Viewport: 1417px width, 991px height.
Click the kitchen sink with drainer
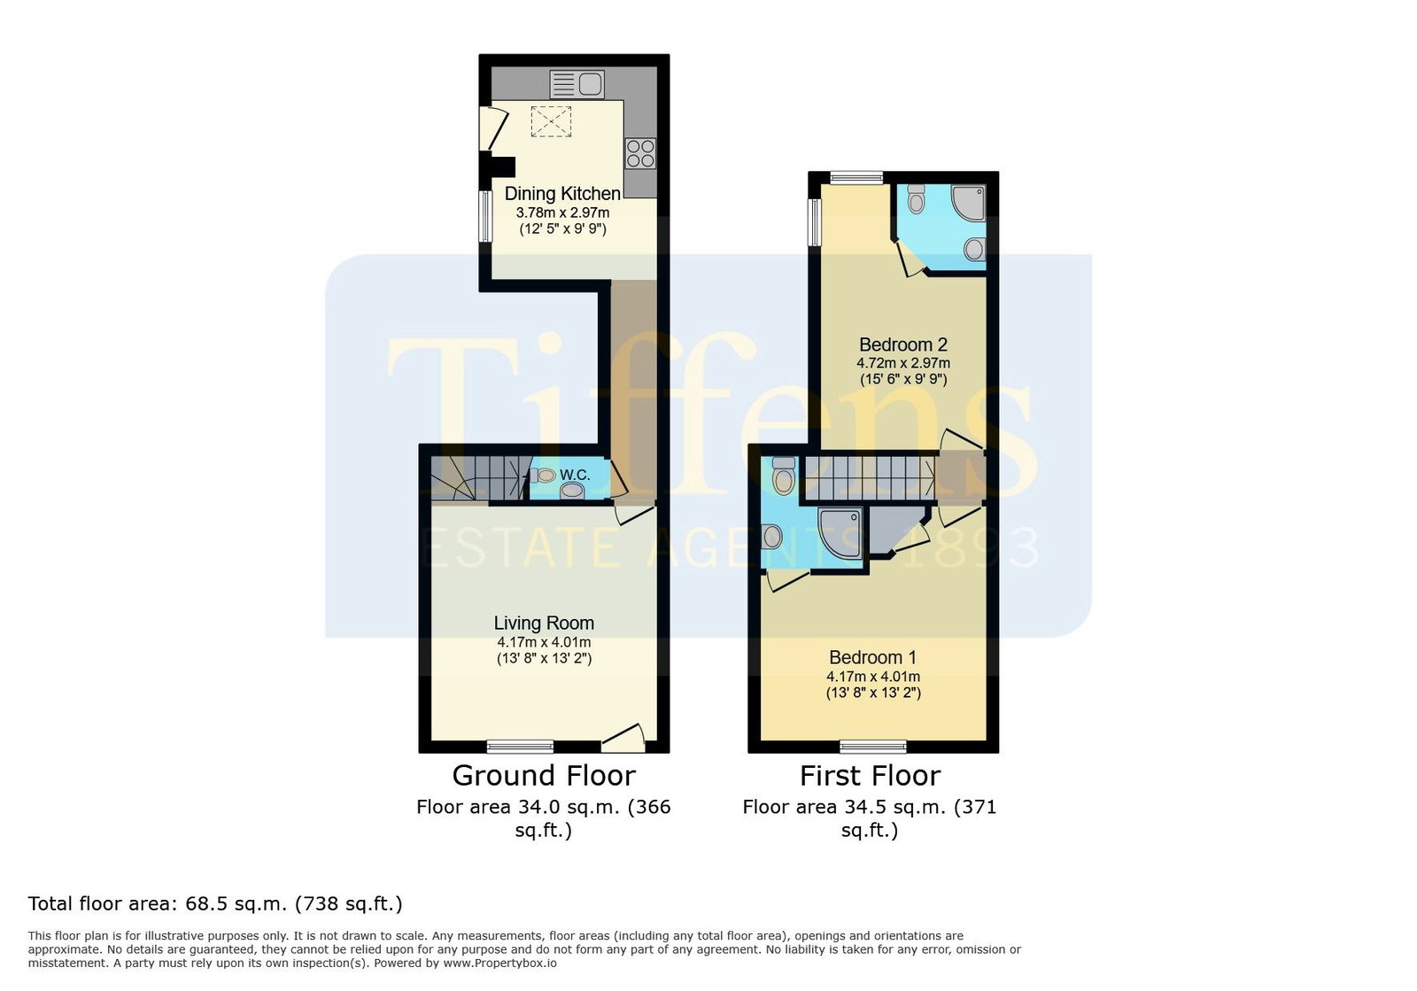(x=577, y=84)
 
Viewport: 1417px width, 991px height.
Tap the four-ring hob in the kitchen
(x=640, y=154)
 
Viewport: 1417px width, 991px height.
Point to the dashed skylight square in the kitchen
(x=551, y=121)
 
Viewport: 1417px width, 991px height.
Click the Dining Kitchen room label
(x=562, y=194)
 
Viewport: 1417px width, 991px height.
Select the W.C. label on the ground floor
(x=575, y=475)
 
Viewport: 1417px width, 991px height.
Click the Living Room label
(x=544, y=623)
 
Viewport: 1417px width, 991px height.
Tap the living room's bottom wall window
(x=520, y=747)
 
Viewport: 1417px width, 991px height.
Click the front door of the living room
(x=623, y=739)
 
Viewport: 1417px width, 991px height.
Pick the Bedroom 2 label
(x=903, y=345)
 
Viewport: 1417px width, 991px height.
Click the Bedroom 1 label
(x=873, y=657)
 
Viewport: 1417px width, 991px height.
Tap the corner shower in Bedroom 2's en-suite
(x=969, y=203)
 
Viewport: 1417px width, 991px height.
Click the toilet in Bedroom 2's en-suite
(x=916, y=198)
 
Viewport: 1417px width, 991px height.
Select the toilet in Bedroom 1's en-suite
(x=784, y=476)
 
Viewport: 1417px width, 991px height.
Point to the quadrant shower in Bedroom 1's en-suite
(x=840, y=534)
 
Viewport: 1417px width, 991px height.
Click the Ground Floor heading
(x=544, y=776)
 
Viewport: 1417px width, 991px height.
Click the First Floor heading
(x=870, y=776)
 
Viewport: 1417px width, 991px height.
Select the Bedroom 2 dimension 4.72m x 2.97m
(x=903, y=363)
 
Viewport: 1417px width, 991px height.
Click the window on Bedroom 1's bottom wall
(x=873, y=747)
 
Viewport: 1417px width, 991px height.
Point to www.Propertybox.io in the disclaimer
(x=499, y=964)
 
